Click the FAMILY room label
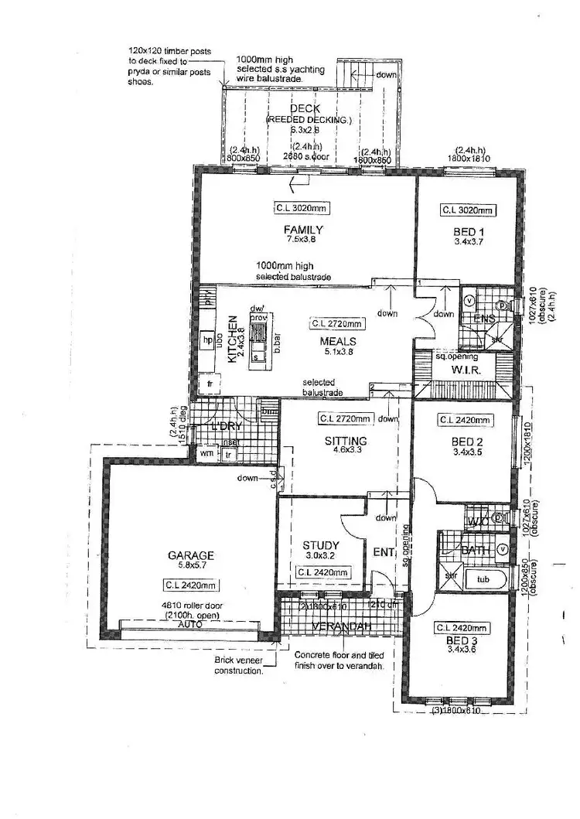point(302,230)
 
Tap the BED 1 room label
point(466,231)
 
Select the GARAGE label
point(189,555)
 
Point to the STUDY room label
point(320,544)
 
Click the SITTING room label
point(345,441)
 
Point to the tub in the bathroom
point(483,578)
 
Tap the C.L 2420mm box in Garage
point(190,584)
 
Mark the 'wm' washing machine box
point(207,454)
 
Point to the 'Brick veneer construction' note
point(239,666)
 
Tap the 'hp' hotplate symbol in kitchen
point(208,339)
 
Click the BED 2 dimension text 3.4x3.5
point(466,452)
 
